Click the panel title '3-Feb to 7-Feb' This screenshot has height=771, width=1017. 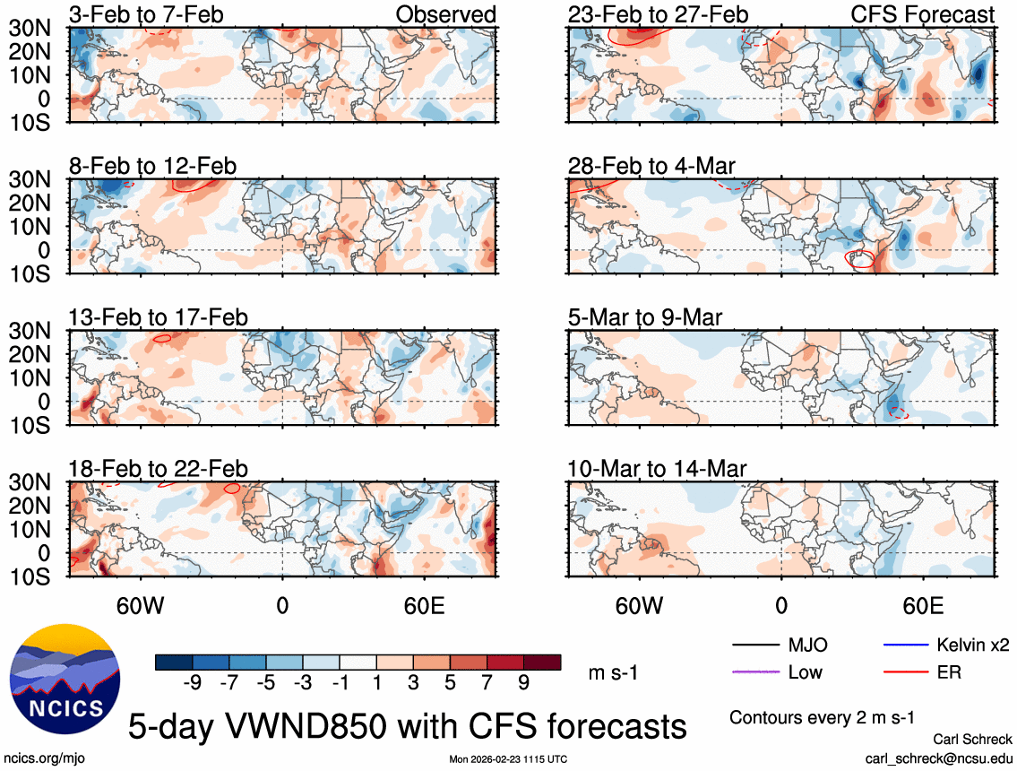[147, 14]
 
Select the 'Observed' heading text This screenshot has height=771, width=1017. [445, 14]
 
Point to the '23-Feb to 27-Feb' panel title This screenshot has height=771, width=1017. [658, 14]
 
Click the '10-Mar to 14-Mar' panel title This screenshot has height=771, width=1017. [657, 469]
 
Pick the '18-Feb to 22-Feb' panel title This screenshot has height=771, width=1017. [159, 469]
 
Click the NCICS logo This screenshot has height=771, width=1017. [64, 673]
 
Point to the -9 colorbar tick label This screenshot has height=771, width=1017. [190, 682]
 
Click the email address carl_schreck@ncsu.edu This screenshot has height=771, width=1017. [938, 758]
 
